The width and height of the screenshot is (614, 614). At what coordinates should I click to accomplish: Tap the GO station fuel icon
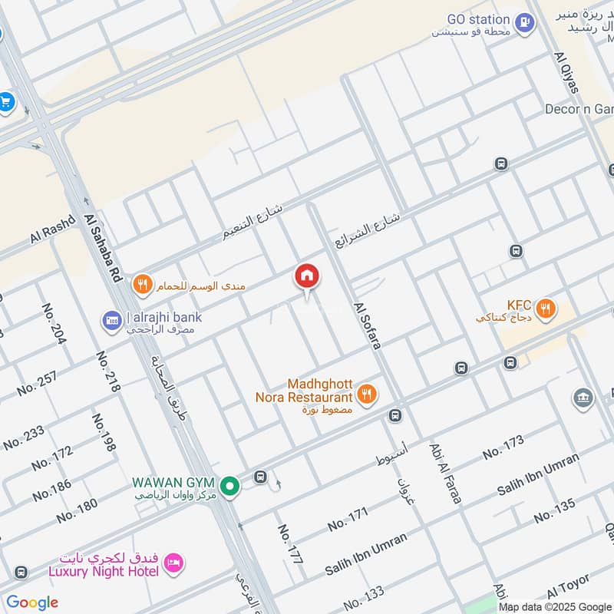[525, 21]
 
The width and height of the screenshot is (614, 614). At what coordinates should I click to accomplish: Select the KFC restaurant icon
[546, 309]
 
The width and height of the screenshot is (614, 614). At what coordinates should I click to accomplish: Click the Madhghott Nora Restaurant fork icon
[368, 394]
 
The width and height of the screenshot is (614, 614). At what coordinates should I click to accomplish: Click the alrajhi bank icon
[113, 319]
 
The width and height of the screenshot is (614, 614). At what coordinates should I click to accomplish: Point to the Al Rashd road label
[52, 229]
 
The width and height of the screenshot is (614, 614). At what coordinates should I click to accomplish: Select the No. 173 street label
[503, 447]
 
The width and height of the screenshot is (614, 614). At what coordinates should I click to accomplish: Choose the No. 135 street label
[554, 510]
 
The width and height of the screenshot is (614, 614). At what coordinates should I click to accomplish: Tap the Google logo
[32, 602]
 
